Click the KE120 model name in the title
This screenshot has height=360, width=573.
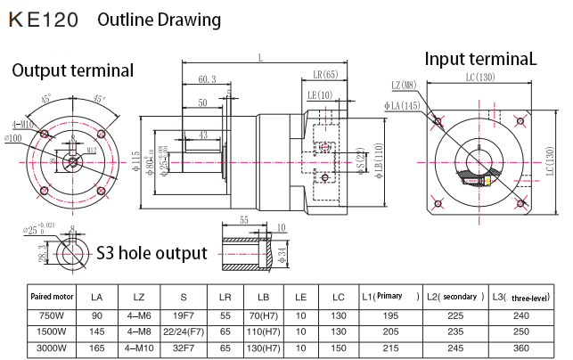click(x=42, y=19)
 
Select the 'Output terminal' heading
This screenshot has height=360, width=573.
click(x=72, y=70)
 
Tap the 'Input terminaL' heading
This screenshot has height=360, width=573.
click(x=481, y=59)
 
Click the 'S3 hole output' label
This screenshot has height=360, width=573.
click(x=151, y=252)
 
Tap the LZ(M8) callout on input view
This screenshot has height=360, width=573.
click(x=405, y=86)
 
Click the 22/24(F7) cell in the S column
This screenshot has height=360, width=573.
click(x=183, y=331)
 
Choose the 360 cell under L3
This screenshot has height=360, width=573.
click(x=535, y=348)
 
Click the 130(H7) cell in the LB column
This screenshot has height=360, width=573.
click(x=263, y=348)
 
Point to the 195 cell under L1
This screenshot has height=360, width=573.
click(x=390, y=315)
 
